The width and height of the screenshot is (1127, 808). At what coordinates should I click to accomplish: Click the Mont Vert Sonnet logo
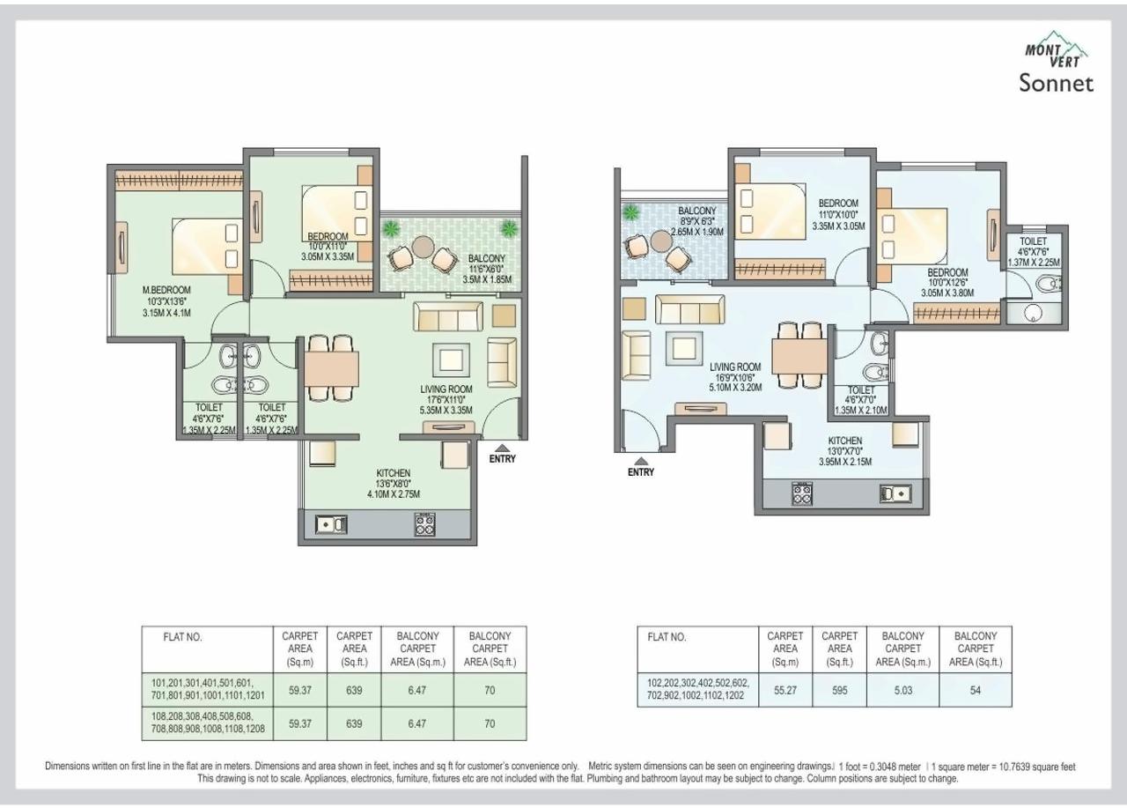coord(1057,67)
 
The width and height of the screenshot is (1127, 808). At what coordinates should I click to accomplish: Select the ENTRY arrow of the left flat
coord(502,448)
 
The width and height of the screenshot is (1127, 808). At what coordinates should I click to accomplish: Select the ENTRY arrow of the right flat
coord(641,461)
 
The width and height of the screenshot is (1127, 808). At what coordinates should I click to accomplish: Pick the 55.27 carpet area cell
coord(784,691)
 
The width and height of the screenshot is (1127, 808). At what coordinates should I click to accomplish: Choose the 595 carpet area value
coord(839,691)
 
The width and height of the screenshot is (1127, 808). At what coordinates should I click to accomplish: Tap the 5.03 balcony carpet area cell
coord(903,691)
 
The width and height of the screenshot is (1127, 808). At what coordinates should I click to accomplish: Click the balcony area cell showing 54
coord(976,691)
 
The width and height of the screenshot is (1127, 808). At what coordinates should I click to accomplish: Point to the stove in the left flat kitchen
coord(425,524)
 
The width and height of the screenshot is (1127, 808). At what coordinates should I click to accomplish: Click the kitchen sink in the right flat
coord(895,494)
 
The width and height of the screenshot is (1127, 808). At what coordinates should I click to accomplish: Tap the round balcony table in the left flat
coord(423,246)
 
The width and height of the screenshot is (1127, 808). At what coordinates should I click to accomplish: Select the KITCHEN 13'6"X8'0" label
coord(389,484)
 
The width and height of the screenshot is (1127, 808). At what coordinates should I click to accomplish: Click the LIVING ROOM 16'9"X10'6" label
coord(735,376)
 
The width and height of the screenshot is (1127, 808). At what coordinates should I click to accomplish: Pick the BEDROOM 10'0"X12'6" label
coord(947,282)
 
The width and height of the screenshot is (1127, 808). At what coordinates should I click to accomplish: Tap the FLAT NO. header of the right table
coord(667,637)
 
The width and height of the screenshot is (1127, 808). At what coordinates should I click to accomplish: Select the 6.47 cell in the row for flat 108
coord(417,723)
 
